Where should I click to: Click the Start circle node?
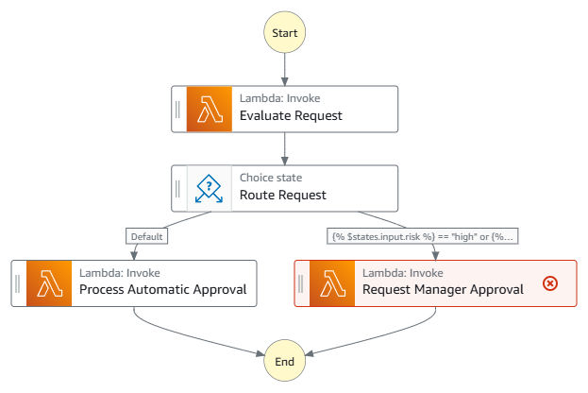(x=284, y=32)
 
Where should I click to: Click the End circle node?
(x=284, y=361)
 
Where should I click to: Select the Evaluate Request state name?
(x=291, y=116)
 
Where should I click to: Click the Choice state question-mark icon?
(x=210, y=188)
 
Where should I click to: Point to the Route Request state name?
(x=283, y=196)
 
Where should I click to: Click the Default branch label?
(x=147, y=236)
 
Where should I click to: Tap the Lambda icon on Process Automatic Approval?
(x=49, y=282)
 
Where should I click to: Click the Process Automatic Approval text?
(x=163, y=290)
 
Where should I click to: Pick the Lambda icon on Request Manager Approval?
(x=332, y=282)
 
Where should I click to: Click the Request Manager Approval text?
(x=443, y=290)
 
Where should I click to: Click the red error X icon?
(x=550, y=283)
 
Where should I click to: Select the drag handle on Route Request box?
(x=178, y=188)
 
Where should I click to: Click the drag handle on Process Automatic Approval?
(x=18, y=282)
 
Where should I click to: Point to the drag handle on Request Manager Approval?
(x=301, y=282)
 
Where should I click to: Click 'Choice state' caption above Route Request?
(x=269, y=177)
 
